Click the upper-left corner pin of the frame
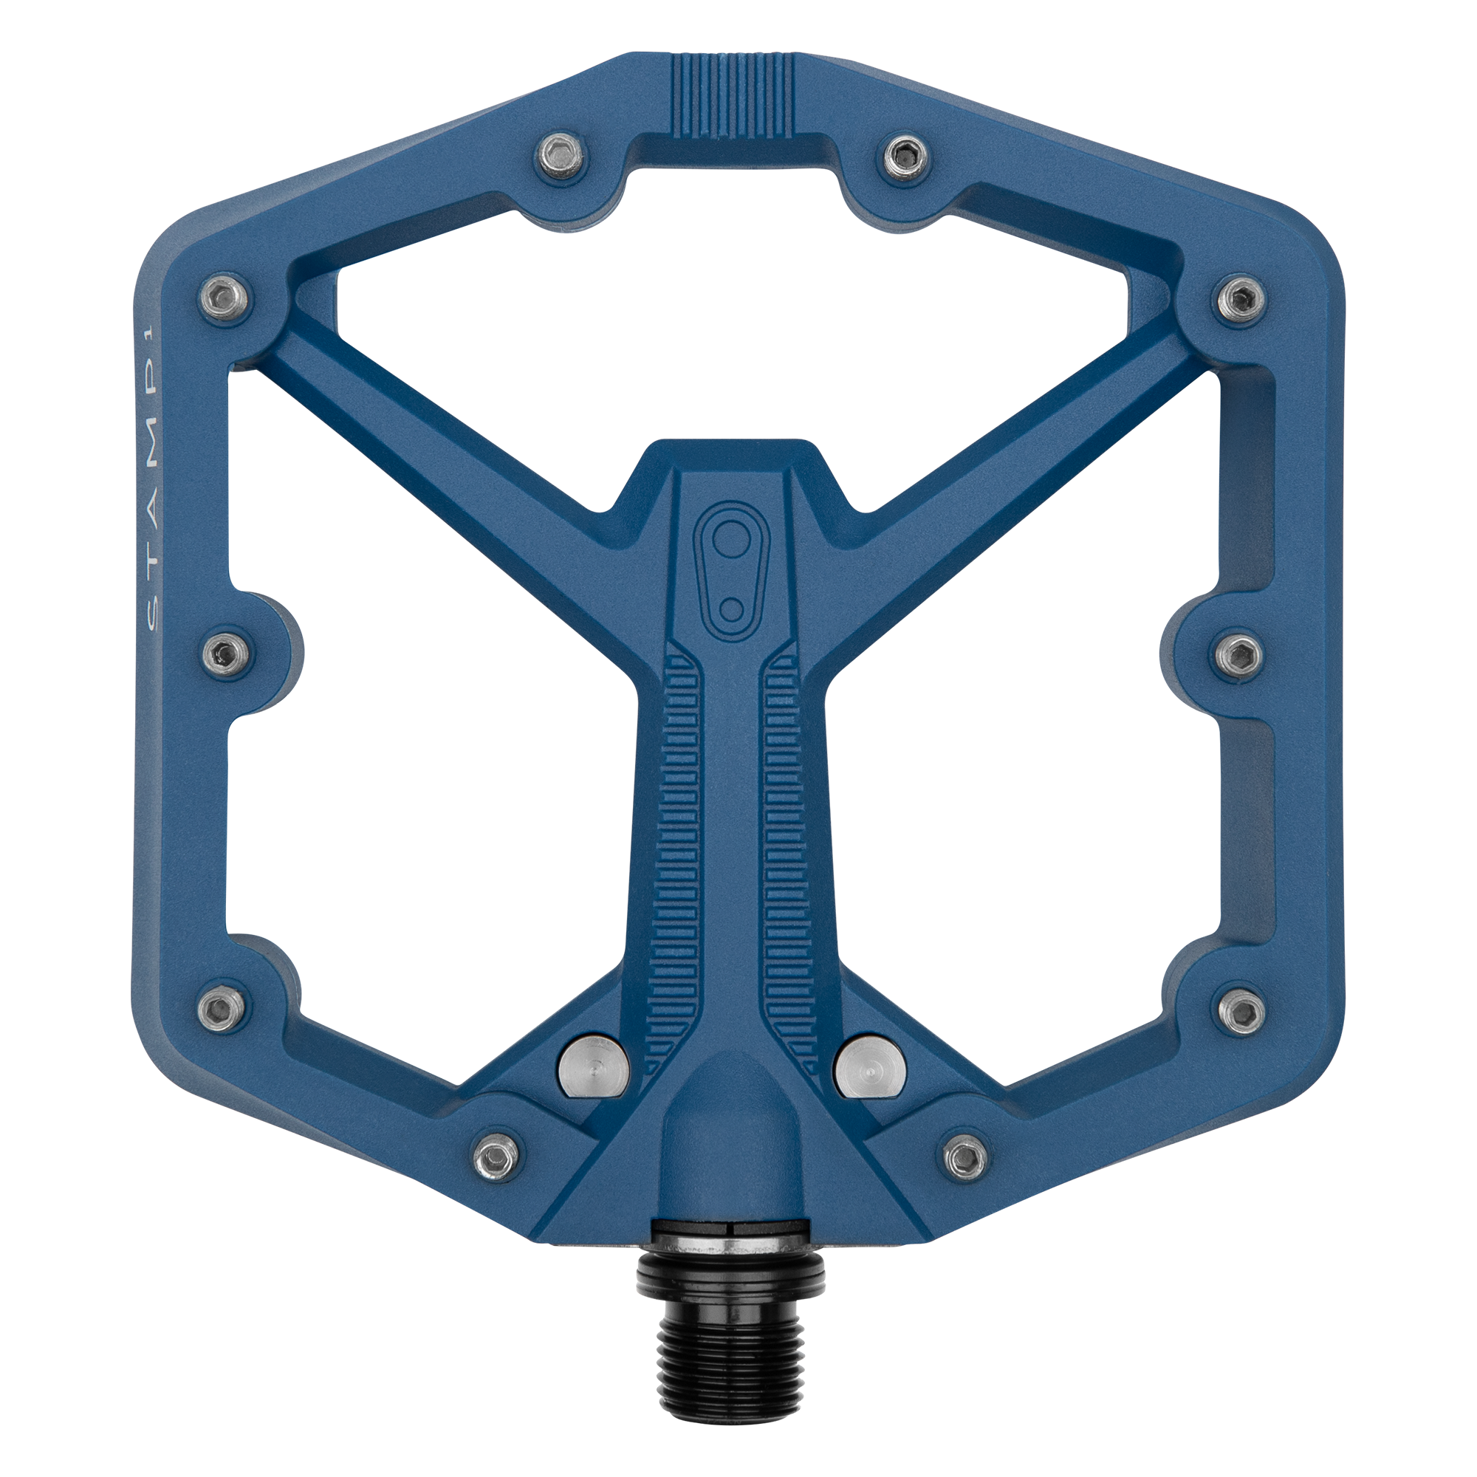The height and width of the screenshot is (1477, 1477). point(224,298)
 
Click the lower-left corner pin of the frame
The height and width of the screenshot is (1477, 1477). point(222,1007)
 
